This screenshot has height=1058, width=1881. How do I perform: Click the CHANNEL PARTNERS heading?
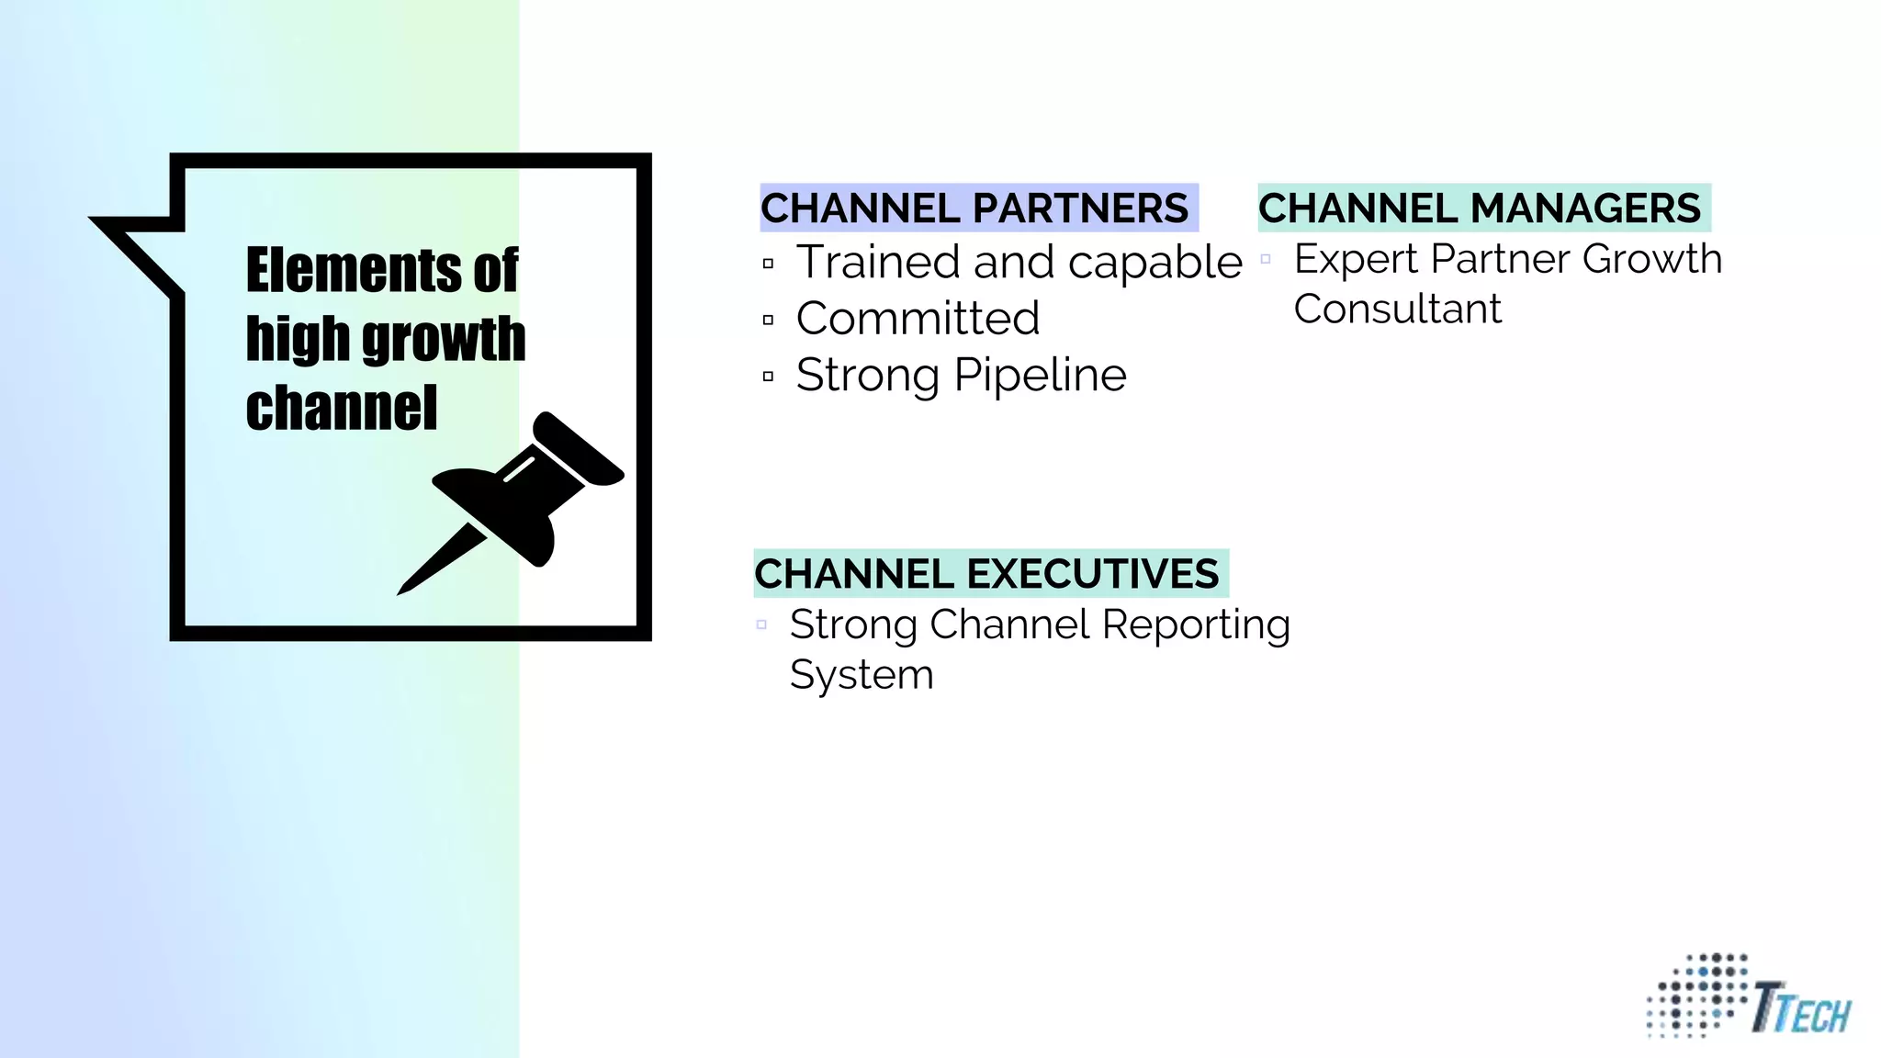pyautogui.click(x=974, y=208)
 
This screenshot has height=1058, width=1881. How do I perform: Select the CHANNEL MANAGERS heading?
pyautogui.click(x=1480, y=208)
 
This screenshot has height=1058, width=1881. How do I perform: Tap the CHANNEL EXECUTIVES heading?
pyautogui.click(x=986, y=574)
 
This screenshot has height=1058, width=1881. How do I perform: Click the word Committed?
pyautogui.click(x=918, y=319)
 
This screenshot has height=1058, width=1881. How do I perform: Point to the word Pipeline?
pyautogui.click(x=1040, y=375)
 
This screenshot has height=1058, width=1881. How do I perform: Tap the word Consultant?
pyautogui.click(x=1397, y=309)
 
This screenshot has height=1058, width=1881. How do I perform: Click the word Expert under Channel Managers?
pyautogui.click(x=1356, y=259)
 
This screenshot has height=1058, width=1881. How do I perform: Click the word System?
pyautogui.click(x=862, y=675)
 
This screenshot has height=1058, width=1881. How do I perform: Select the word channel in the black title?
pyautogui.click(x=341, y=408)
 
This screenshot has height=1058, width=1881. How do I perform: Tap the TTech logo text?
pyautogui.click(x=1800, y=1009)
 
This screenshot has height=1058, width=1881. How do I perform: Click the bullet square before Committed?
pyautogui.click(x=768, y=321)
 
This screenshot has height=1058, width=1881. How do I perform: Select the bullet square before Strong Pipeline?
pyautogui.click(x=768, y=377)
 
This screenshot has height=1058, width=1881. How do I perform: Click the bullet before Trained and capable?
pyautogui.click(x=768, y=264)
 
